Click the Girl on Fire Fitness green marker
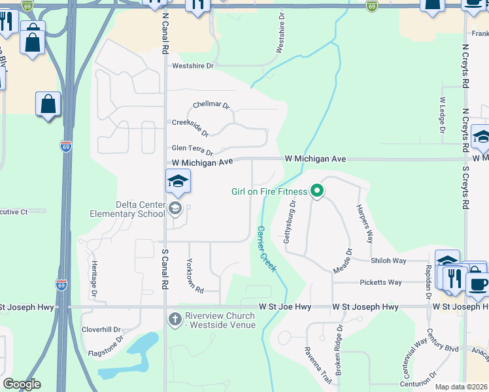[x=317, y=191]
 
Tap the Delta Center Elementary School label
[x=127, y=209]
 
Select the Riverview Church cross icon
[x=175, y=319]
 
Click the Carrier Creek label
[x=268, y=250]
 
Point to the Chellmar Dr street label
[x=211, y=105]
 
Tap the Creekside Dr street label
[x=190, y=127]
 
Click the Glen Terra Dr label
[x=192, y=150]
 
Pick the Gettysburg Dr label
[x=290, y=223]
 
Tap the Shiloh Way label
[x=388, y=261]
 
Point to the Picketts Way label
[x=380, y=282]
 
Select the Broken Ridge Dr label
[x=339, y=351]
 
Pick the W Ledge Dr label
[x=443, y=116]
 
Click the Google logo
[x=22, y=384]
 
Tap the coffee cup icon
[x=477, y=284]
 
